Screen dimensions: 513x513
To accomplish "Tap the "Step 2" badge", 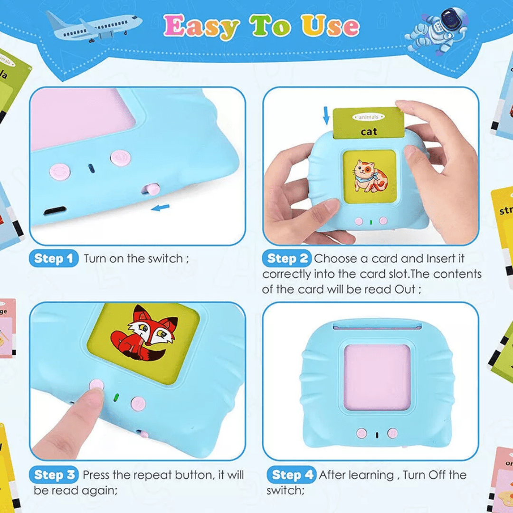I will (x=287, y=259).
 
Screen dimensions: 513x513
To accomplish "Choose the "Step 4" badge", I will (x=291, y=475).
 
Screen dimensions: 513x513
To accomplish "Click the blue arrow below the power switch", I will (x=161, y=207).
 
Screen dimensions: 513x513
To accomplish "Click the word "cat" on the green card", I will (x=369, y=132).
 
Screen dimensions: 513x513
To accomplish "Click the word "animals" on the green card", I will (x=368, y=117).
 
